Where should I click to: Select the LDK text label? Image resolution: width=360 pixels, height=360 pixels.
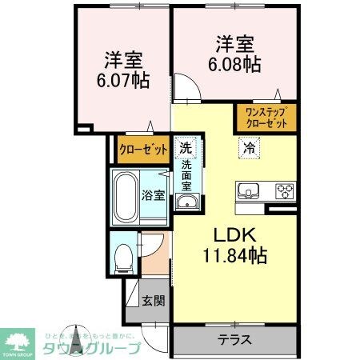point(233,236)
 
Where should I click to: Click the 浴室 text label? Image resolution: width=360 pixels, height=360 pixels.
point(154,194)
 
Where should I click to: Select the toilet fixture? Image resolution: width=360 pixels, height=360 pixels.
point(123,257)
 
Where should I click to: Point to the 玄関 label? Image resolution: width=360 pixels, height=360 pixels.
point(154,301)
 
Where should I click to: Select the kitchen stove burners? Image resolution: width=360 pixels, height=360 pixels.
point(285,190)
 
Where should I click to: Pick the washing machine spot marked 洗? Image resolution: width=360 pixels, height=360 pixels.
point(185,148)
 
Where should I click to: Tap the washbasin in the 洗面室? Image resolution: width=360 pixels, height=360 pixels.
point(187,201)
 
